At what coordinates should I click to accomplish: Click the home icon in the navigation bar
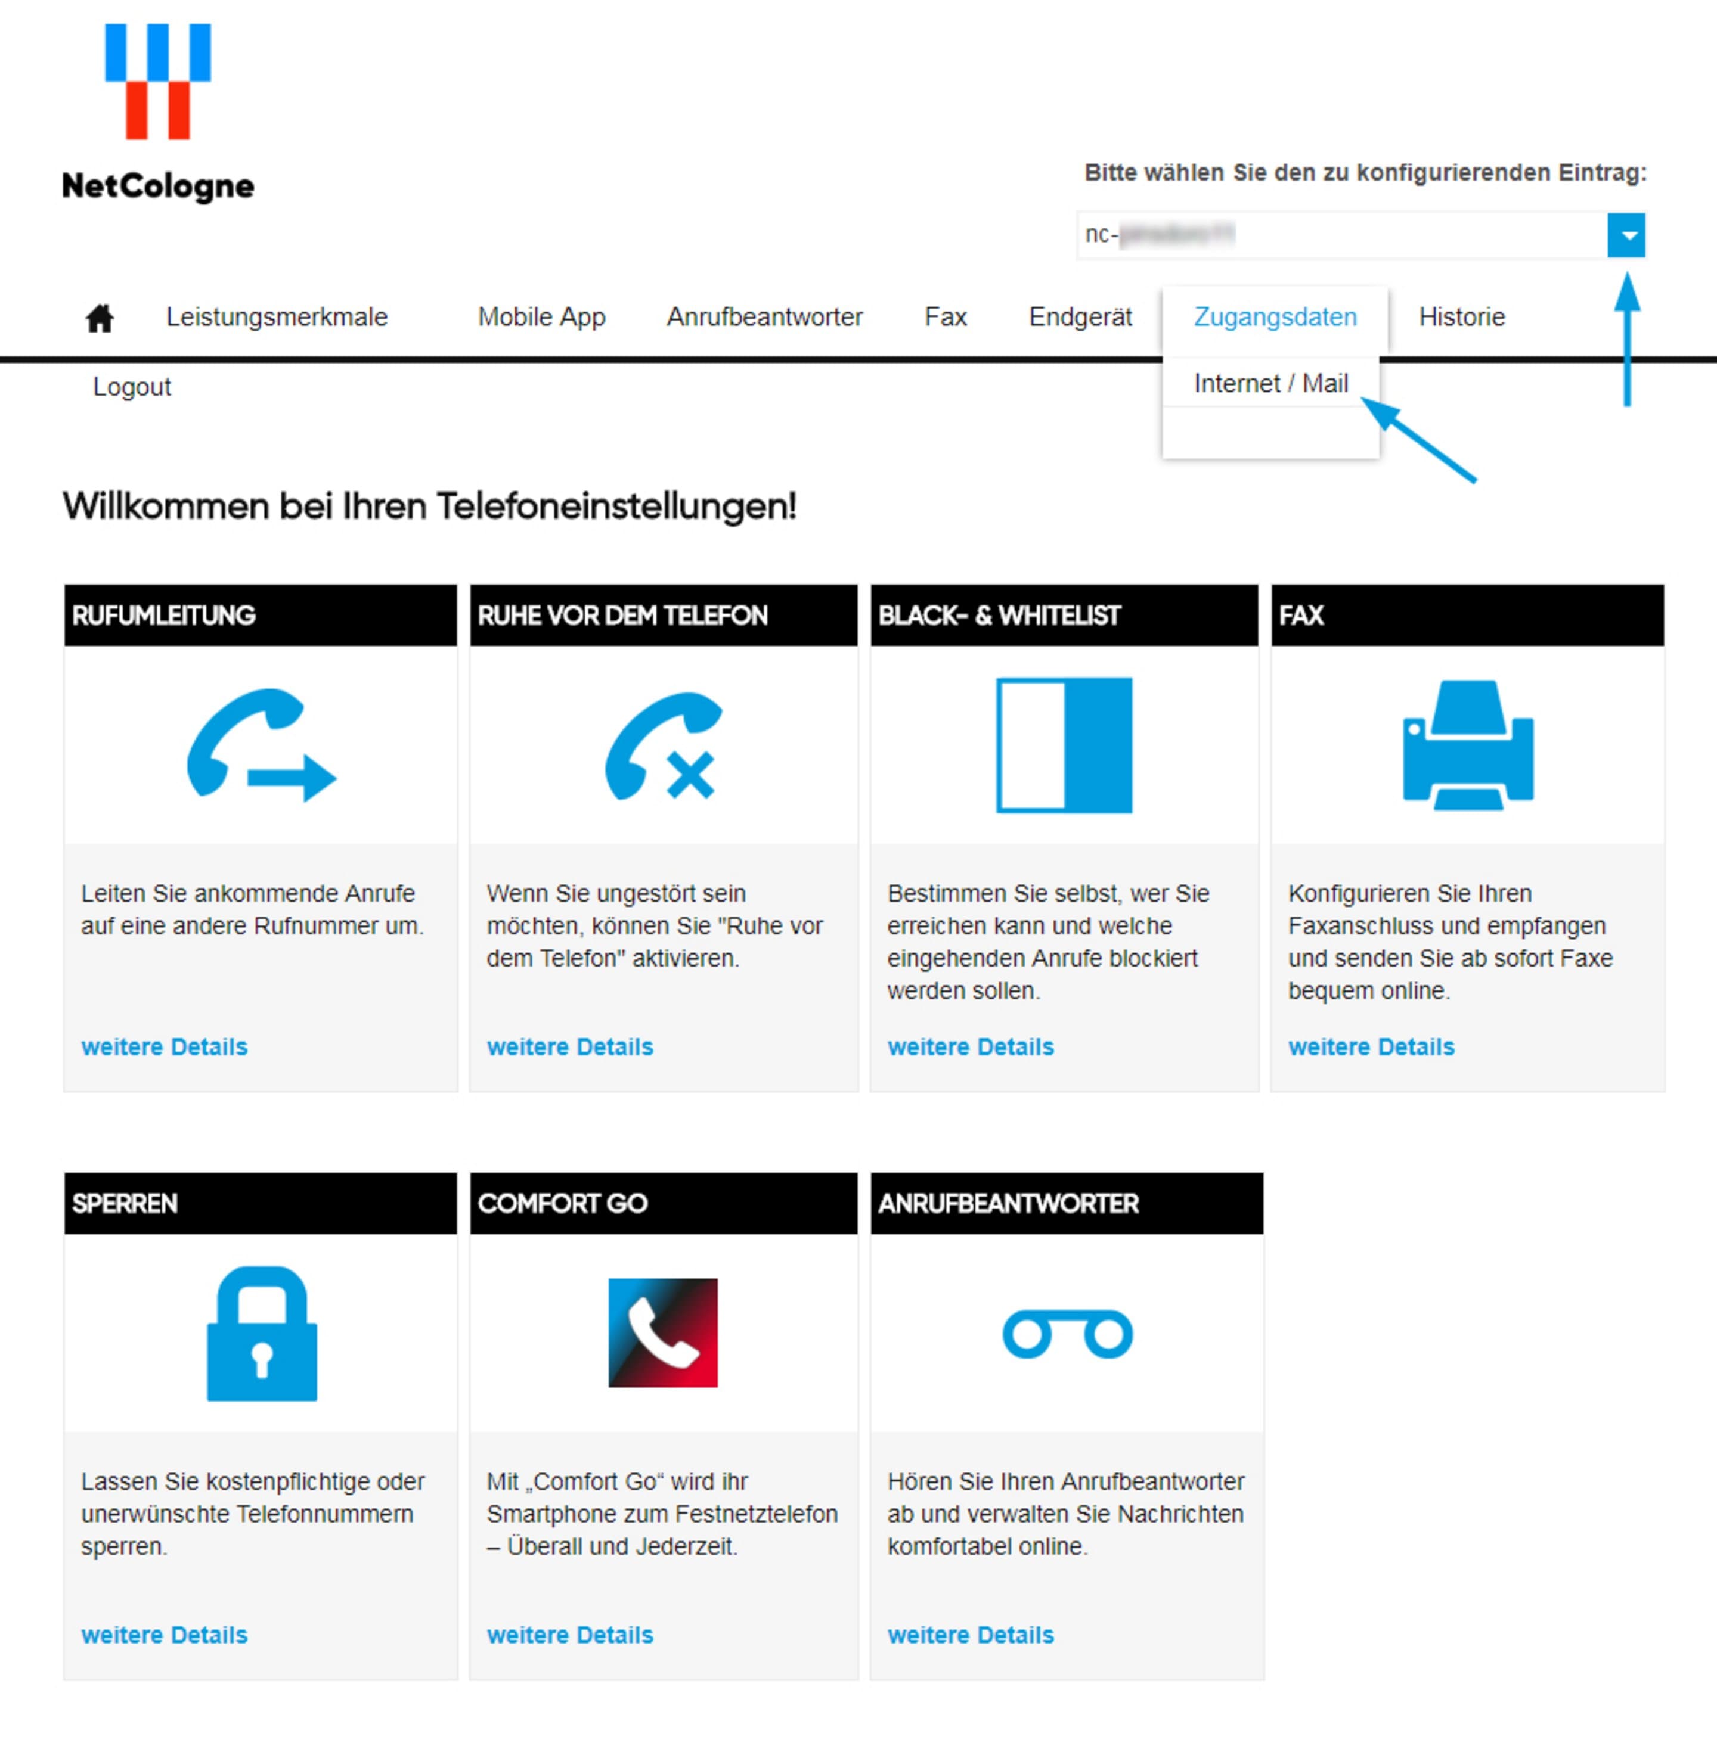[x=99, y=318]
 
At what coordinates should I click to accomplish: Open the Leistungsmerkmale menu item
[x=276, y=318]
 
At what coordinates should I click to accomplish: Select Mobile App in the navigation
[x=541, y=318]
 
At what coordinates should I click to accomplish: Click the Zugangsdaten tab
[x=1274, y=318]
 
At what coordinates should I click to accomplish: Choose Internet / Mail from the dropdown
[x=1270, y=384]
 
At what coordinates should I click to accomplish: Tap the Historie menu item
[x=1461, y=318]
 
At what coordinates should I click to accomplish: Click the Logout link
[x=132, y=387]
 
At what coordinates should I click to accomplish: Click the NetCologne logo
[x=158, y=113]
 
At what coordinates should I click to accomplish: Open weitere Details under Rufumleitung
[x=164, y=1046]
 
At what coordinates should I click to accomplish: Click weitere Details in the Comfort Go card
[x=570, y=1635]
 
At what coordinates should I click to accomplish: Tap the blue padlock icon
[x=262, y=1334]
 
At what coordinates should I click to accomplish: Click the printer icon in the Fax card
[x=1467, y=745]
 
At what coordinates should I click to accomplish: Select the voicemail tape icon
[x=1067, y=1334]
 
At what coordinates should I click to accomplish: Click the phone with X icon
[x=664, y=745]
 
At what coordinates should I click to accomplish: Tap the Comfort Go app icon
[x=663, y=1332]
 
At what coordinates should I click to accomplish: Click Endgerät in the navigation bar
[x=1080, y=318]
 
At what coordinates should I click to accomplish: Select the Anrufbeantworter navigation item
[x=764, y=318]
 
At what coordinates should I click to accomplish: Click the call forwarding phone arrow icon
[x=261, y=745]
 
